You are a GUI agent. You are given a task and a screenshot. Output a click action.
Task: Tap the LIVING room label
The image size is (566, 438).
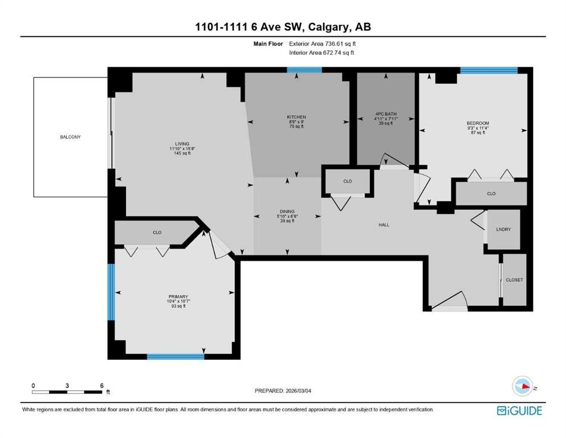click(x=182, y=144)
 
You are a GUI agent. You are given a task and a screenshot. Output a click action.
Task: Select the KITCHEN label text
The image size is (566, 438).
click(x=296, y=117)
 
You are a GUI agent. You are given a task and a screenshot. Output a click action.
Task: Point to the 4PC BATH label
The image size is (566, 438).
click(x=385, y=113)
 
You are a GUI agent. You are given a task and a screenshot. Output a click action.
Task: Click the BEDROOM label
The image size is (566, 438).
click(x=478, y=123)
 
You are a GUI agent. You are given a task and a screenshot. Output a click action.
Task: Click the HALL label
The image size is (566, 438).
click(x=384, y=225)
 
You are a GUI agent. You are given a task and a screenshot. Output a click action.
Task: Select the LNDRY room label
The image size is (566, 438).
click(x=504, y=229)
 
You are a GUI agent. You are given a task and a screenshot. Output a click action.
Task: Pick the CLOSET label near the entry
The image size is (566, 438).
click(x=514, y=280)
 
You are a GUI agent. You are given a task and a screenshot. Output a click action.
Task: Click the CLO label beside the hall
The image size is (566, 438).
click(x=348, y=181)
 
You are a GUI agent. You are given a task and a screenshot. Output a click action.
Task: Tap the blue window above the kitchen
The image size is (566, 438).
click(x=304, y=70)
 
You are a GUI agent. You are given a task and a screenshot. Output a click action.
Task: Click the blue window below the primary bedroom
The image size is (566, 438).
click(x=175, y=357)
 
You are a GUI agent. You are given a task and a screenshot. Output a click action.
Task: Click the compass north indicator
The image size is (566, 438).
click(x=522, y=386)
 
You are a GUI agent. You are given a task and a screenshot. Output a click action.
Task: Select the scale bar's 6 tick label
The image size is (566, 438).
click(x=101, y=386)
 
